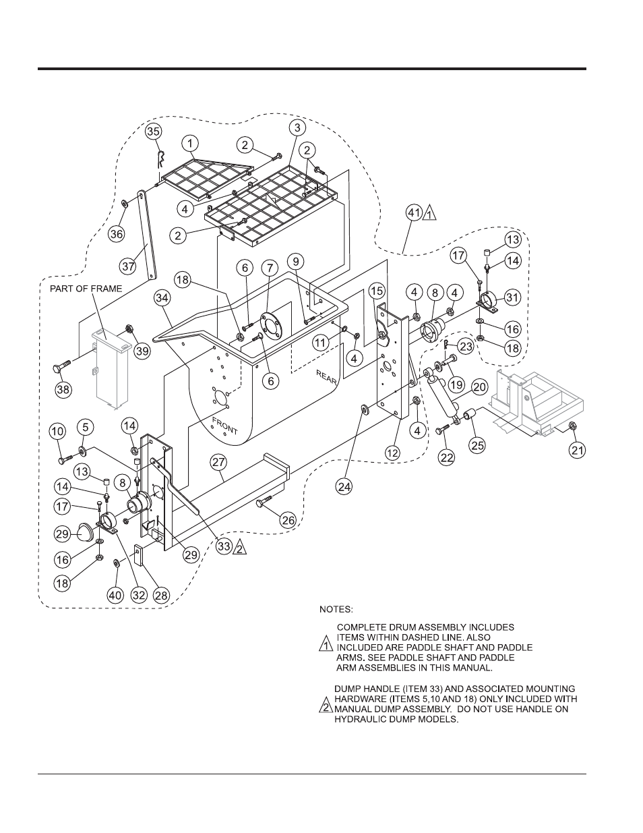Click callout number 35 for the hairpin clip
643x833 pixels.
tap(154, 131)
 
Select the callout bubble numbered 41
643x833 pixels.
tap(414, 214)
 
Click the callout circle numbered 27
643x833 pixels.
tap(218, 462)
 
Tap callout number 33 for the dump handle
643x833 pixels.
tap(225, 548)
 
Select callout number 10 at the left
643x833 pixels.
tap(57, 430)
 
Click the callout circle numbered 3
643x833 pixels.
tap(297, 127)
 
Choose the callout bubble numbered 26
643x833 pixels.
tap(288, 519)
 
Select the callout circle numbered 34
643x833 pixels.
tap(162, 297)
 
